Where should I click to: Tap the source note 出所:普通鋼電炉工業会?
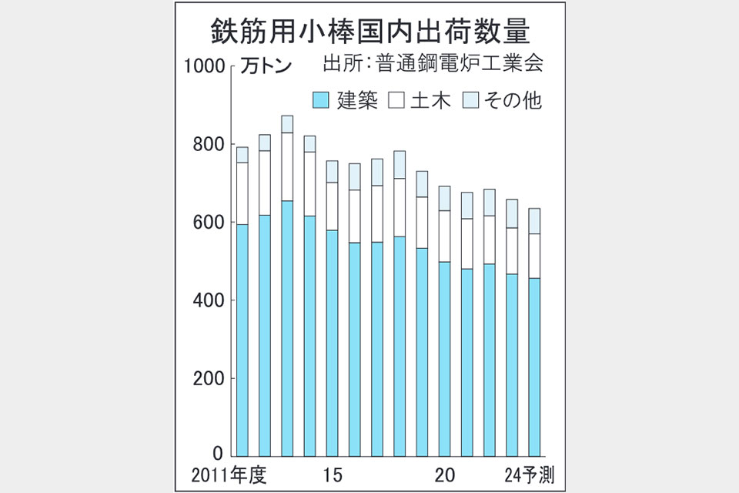pyautogui.click(x=434, y=63)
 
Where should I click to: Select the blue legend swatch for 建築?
pyautogui.click(x=321, y=99)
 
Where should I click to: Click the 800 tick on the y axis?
pyautogui.click(x=209, y=145)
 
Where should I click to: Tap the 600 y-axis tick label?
pyautogui.click(x=209, y=223)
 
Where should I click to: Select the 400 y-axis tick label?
pyautogui.click(x=209, y=300)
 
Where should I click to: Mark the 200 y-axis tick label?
pyautogui.click(x=209, y=378)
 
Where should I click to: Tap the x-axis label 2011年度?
pyautogui.click(x=227, y=474)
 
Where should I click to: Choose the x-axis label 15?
pyautogui.click(x=333, y=474)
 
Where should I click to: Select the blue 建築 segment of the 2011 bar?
pyautogui.click(x=242, y=339)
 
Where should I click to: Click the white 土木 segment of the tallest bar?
pyautogui.click(x=287, y=166)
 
